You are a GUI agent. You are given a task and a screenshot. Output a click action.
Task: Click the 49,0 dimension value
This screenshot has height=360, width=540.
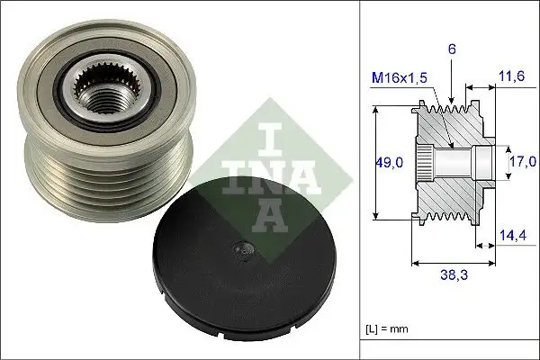389,162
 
